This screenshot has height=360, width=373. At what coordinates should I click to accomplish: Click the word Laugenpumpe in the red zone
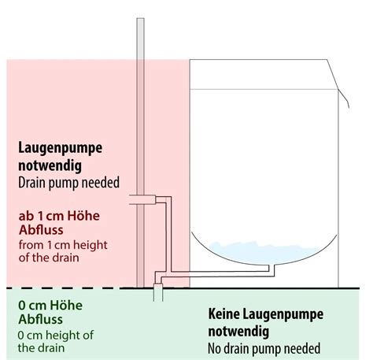point(60,149)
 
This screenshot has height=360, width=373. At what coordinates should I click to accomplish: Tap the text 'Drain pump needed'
point(68,183)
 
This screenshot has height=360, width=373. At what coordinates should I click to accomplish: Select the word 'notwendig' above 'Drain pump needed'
point(50,166)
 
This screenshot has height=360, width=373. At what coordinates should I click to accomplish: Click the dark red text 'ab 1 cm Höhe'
point(59,216)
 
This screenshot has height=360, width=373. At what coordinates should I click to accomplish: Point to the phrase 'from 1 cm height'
point(63,245)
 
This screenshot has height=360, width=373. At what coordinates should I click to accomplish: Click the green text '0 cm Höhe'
point(50,306)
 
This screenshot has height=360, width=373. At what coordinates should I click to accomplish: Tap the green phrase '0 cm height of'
point(55,335)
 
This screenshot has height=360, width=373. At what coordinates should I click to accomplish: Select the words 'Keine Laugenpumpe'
point(266,314)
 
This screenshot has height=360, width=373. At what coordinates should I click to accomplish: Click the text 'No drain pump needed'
point(264,348)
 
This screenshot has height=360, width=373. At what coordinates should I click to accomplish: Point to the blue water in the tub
point(265,253)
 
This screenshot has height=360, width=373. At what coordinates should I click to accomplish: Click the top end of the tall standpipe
point(140,18)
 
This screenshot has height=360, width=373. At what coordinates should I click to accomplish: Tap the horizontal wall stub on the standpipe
point(142,199)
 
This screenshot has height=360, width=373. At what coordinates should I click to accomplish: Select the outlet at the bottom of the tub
point(271,269)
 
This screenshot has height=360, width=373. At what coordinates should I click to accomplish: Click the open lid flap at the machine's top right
point(338,84)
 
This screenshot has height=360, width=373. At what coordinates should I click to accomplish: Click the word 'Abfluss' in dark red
point(41,230)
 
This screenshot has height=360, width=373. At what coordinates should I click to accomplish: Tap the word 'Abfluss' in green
point(41,320)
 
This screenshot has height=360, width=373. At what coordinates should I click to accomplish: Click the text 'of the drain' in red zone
point(49,258)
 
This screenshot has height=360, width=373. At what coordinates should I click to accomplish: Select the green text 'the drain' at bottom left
point(41,348)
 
